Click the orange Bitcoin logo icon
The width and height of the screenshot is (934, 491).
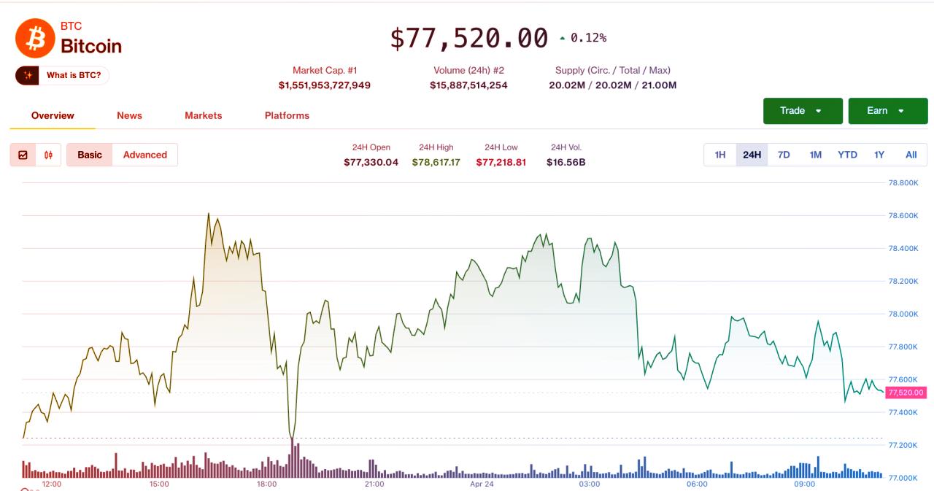tap(35, 39)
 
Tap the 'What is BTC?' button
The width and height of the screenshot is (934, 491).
tap(63, 75)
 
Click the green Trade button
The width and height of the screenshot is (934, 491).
tap(802, 111)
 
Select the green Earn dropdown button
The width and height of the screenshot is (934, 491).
tap(887, 111)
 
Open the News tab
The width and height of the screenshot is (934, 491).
tap(129, 115)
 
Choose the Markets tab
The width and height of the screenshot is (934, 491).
tap(203, 115)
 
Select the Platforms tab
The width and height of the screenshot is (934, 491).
tap(287, 115)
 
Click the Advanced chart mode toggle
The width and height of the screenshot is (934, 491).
tap(144, 155)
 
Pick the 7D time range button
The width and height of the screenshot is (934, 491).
tap(784, 155)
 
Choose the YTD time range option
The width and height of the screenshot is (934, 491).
tap(847, 155)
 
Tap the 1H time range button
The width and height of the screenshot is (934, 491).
tap(720, 155)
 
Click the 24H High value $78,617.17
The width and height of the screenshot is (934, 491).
tap(436, 162)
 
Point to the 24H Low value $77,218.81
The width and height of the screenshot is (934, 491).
tap(501, 162)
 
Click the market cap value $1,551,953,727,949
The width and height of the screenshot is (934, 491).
tap(324, 85)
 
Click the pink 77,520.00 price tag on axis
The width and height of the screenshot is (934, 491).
tap(906, 393)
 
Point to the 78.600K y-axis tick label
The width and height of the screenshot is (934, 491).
tap(903, 216)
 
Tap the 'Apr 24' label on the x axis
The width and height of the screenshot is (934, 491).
tap(482, 484)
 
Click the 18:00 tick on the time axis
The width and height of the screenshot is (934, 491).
tap(266, 484)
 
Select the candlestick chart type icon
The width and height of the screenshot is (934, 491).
tap(48, 155)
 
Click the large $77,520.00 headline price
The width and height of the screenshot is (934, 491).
tap(468, 38)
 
